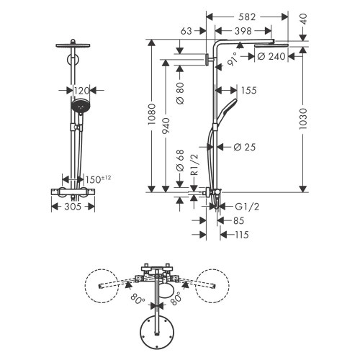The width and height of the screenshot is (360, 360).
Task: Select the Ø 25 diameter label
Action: point(246,148)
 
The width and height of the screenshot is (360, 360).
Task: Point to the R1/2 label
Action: point(194,174)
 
